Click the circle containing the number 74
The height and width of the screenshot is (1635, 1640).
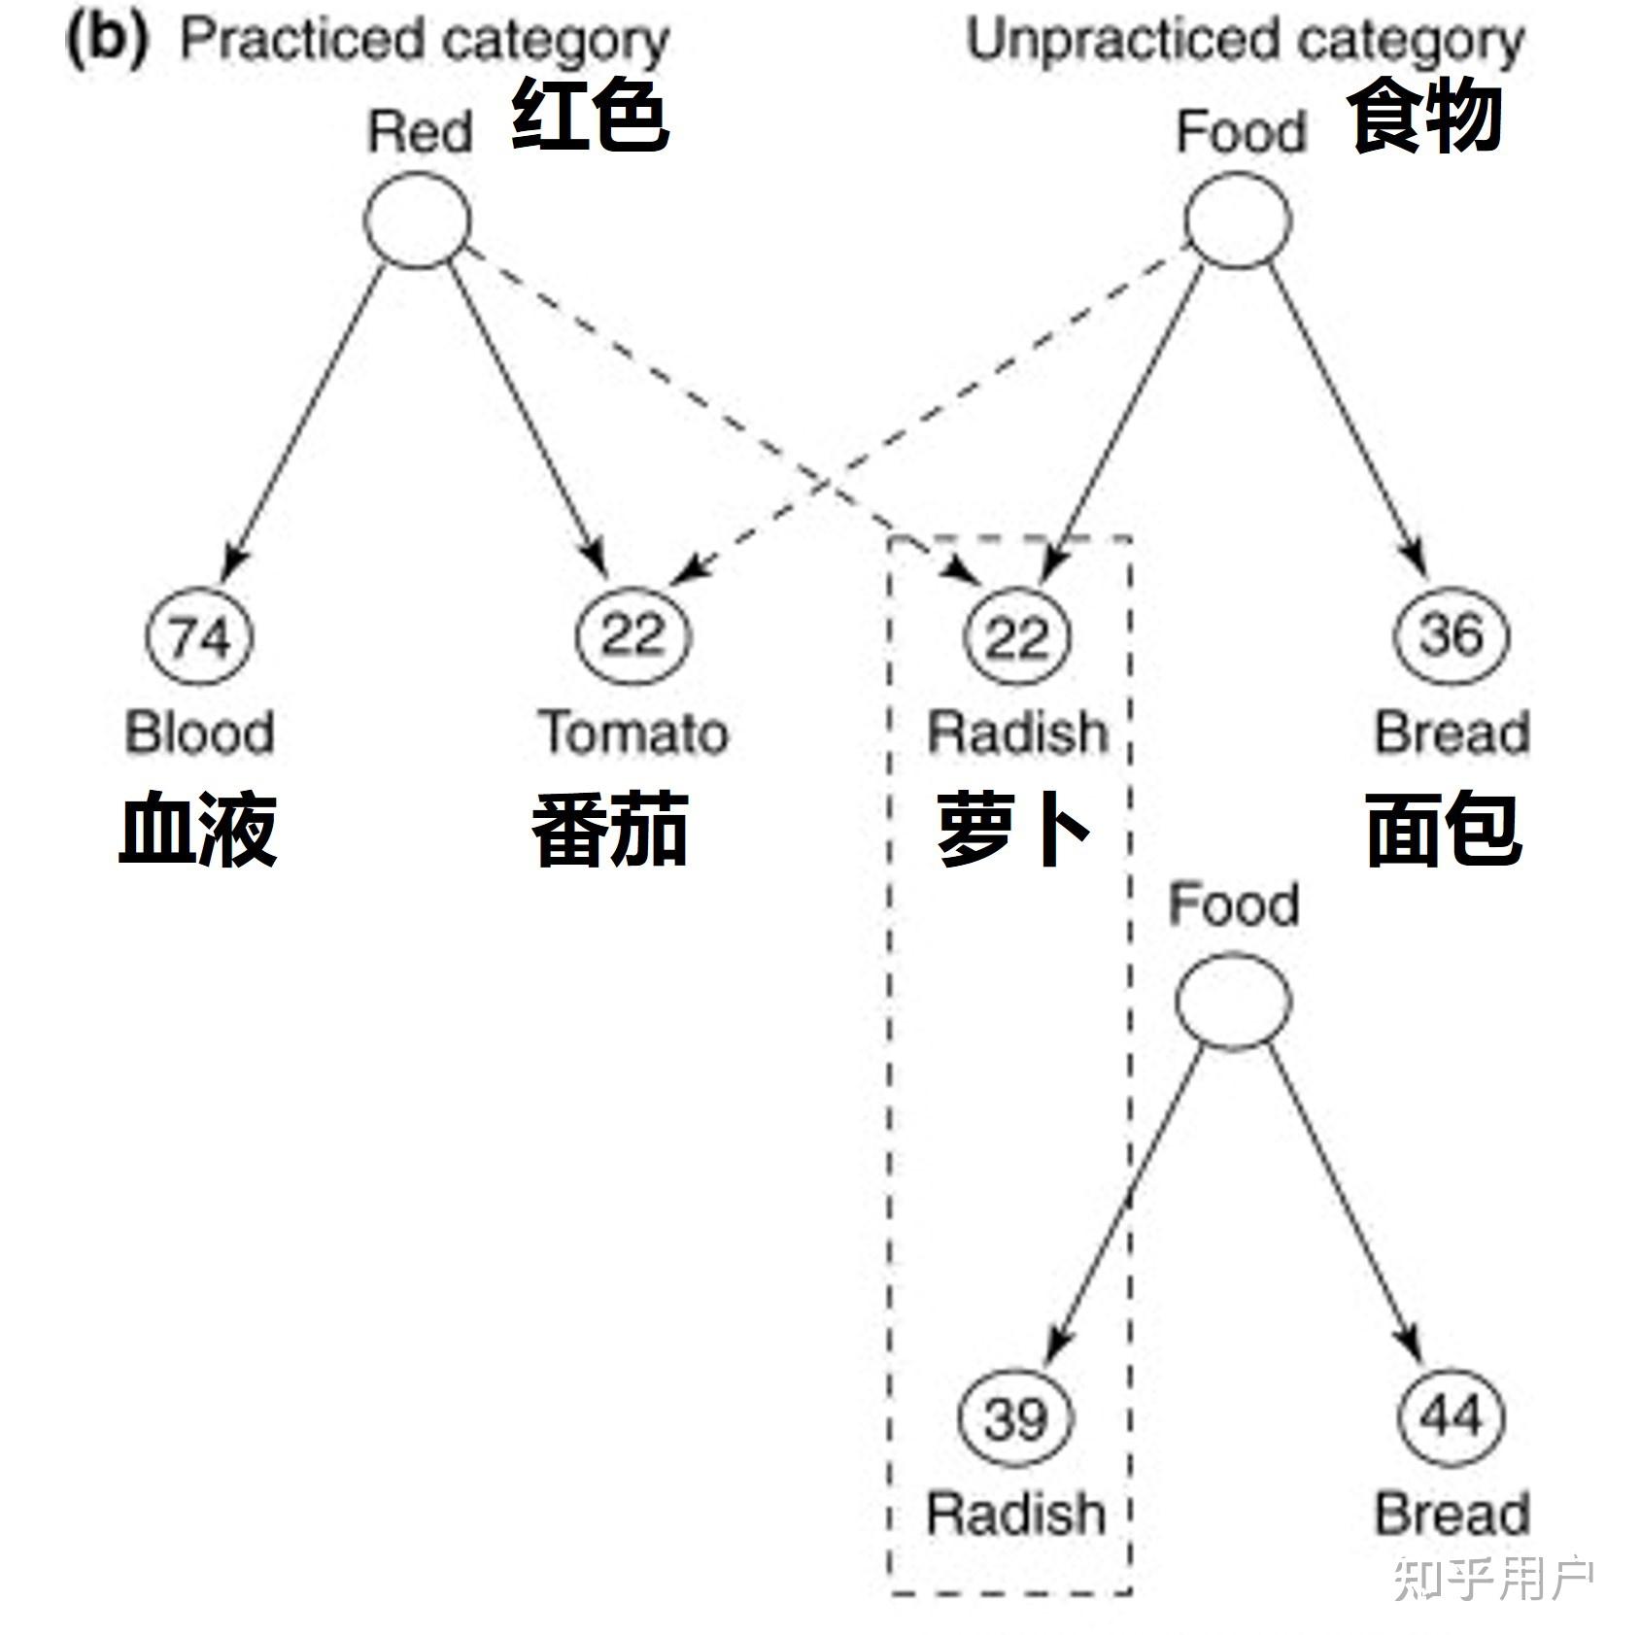click(199, 636)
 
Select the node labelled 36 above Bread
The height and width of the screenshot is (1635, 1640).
click(1452, 635)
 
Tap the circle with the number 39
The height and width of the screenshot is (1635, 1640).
click(1016, 1417)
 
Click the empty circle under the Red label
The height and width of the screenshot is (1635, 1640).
click(418, 221)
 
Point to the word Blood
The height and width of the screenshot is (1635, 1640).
click(199, 732)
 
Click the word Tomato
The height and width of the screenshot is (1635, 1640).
click(633, 732)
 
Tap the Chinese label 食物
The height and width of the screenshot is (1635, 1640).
click(1424, 117)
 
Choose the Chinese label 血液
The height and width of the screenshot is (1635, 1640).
click(198, 829)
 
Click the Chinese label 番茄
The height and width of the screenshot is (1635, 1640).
click(610, 829)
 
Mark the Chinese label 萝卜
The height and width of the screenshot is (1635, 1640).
click(1013, 829)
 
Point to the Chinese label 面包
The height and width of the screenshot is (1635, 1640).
click(1444, 829)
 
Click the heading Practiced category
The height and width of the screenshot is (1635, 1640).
click(425, 41)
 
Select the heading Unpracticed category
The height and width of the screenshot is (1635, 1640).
click(1245, 41)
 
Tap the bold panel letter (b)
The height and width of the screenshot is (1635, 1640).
click(107, 41)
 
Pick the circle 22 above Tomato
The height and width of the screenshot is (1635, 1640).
click(632, 635)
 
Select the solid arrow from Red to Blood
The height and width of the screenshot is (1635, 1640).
click(306, 418)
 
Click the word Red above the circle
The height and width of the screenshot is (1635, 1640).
click(420, 132)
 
